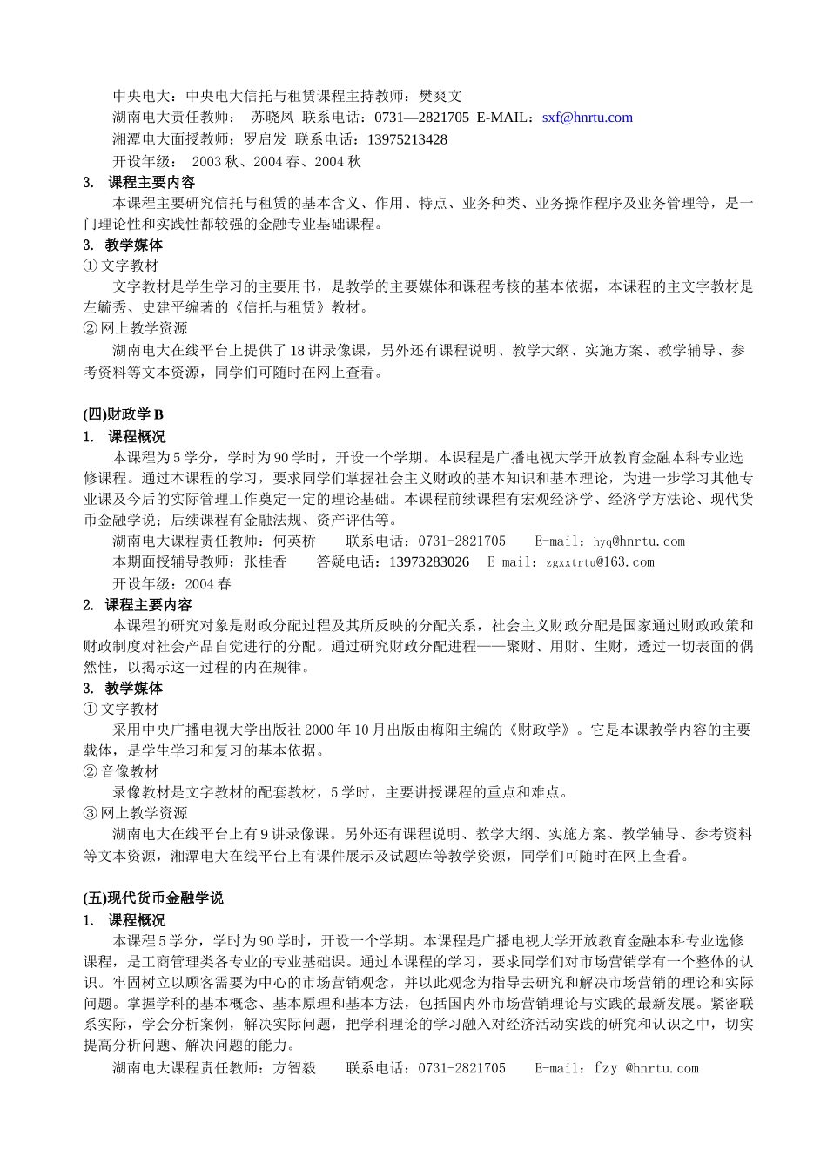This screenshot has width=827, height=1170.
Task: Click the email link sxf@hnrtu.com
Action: [587, 118]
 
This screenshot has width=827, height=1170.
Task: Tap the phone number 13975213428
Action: [407, 139]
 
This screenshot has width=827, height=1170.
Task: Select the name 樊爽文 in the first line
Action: [440, 97]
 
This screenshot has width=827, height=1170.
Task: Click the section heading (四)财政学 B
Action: [124, 414]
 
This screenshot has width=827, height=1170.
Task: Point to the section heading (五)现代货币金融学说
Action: [153, 898]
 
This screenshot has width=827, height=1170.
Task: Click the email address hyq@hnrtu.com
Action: [639, 541]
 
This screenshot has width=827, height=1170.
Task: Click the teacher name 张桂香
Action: [265, 562]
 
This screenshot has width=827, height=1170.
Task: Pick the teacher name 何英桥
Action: [294, 541]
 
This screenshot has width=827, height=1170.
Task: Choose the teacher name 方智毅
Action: [294, 1068]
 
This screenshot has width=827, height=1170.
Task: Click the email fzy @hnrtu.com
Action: [646, 1068]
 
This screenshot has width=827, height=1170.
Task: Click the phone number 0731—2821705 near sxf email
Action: [421, 118]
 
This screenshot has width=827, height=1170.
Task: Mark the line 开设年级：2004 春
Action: [172, 583]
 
